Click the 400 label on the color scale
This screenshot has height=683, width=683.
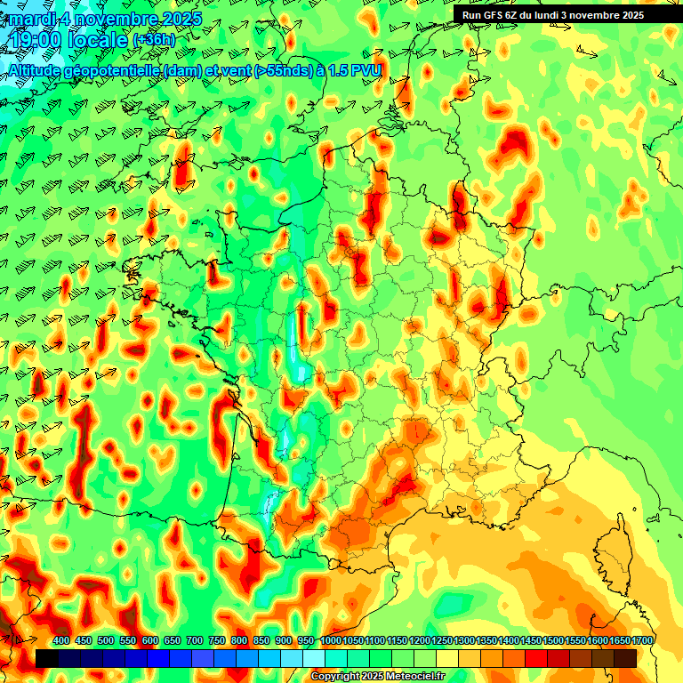pos(61,641)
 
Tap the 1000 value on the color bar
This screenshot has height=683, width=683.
pos(330,641)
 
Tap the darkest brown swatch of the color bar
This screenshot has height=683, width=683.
pos(625,658)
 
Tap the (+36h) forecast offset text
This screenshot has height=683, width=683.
pos(155,41)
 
